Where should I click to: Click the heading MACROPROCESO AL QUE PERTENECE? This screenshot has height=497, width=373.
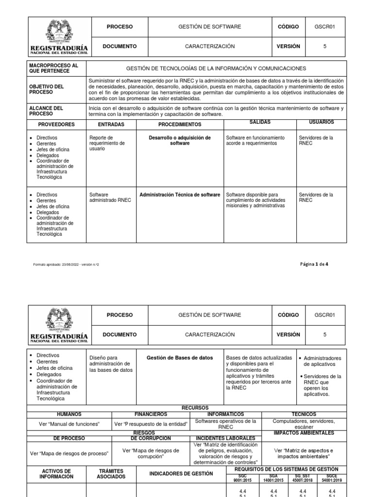(x=53, y=68)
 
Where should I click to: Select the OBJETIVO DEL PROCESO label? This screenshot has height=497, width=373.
(x=47, y=89)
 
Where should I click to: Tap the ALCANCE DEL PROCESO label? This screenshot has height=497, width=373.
(x=46, y=111)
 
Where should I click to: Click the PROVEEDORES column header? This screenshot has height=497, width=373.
(x=57, y=125)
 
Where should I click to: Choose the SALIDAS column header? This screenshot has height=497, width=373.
(x=260, y=122)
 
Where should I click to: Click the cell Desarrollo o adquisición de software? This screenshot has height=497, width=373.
(x=180, y=141)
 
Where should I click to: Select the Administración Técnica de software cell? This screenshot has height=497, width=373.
(x=180, y=195)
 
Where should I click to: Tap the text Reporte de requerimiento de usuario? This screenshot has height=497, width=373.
(x=107, y=143)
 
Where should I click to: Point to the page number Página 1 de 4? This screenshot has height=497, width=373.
(x=315, y=264)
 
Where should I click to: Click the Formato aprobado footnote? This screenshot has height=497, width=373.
(x=68, y=265)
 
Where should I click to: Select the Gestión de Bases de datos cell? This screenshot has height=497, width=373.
(x=180, y=358)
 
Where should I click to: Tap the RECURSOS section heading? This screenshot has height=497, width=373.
(x=195, y=408)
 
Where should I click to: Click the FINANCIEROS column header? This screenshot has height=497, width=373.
(x=151, y=414)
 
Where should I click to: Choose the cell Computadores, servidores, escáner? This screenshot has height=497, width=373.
(x=304, y=424)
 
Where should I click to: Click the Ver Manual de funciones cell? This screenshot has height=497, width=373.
(x=69, y=424)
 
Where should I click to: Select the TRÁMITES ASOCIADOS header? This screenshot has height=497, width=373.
(x=111, y=474)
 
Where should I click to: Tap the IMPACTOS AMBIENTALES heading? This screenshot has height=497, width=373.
(x=304, y=432)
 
